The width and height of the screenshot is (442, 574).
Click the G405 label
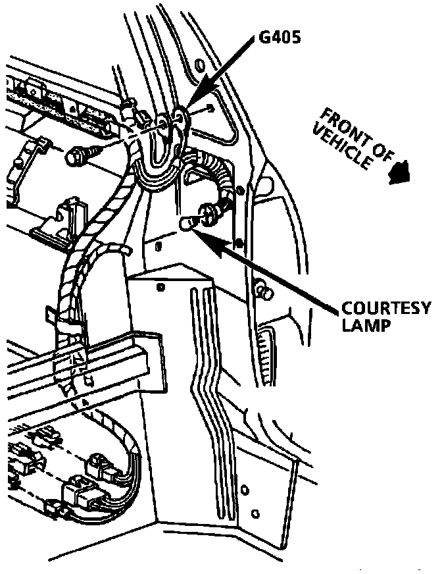tap(279, 38)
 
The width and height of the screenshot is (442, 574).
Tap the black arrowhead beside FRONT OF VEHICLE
tap(399, 173)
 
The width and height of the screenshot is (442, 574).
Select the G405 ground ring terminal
tap(180, 118)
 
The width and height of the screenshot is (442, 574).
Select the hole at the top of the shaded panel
tap(160, 288)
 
